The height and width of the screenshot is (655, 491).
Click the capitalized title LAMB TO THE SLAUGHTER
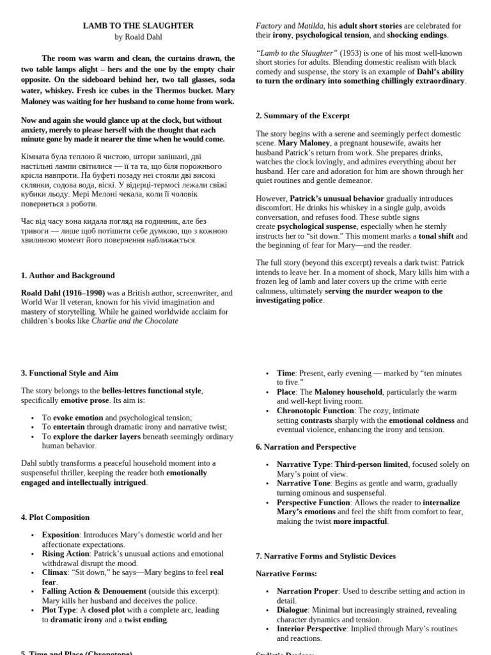point(138,26)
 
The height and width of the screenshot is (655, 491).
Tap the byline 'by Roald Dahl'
point(138,37)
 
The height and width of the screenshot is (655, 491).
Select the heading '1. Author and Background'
point(68,276)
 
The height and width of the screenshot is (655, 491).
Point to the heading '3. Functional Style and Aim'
point(69,373)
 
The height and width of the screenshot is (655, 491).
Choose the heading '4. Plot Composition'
point(55,517)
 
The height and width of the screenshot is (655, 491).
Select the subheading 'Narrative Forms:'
point(286,574)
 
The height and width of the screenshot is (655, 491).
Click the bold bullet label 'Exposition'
point(61,535)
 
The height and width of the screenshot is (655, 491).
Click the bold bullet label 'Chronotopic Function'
point(315,411)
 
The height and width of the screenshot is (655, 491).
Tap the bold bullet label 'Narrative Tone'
point(304,484)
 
